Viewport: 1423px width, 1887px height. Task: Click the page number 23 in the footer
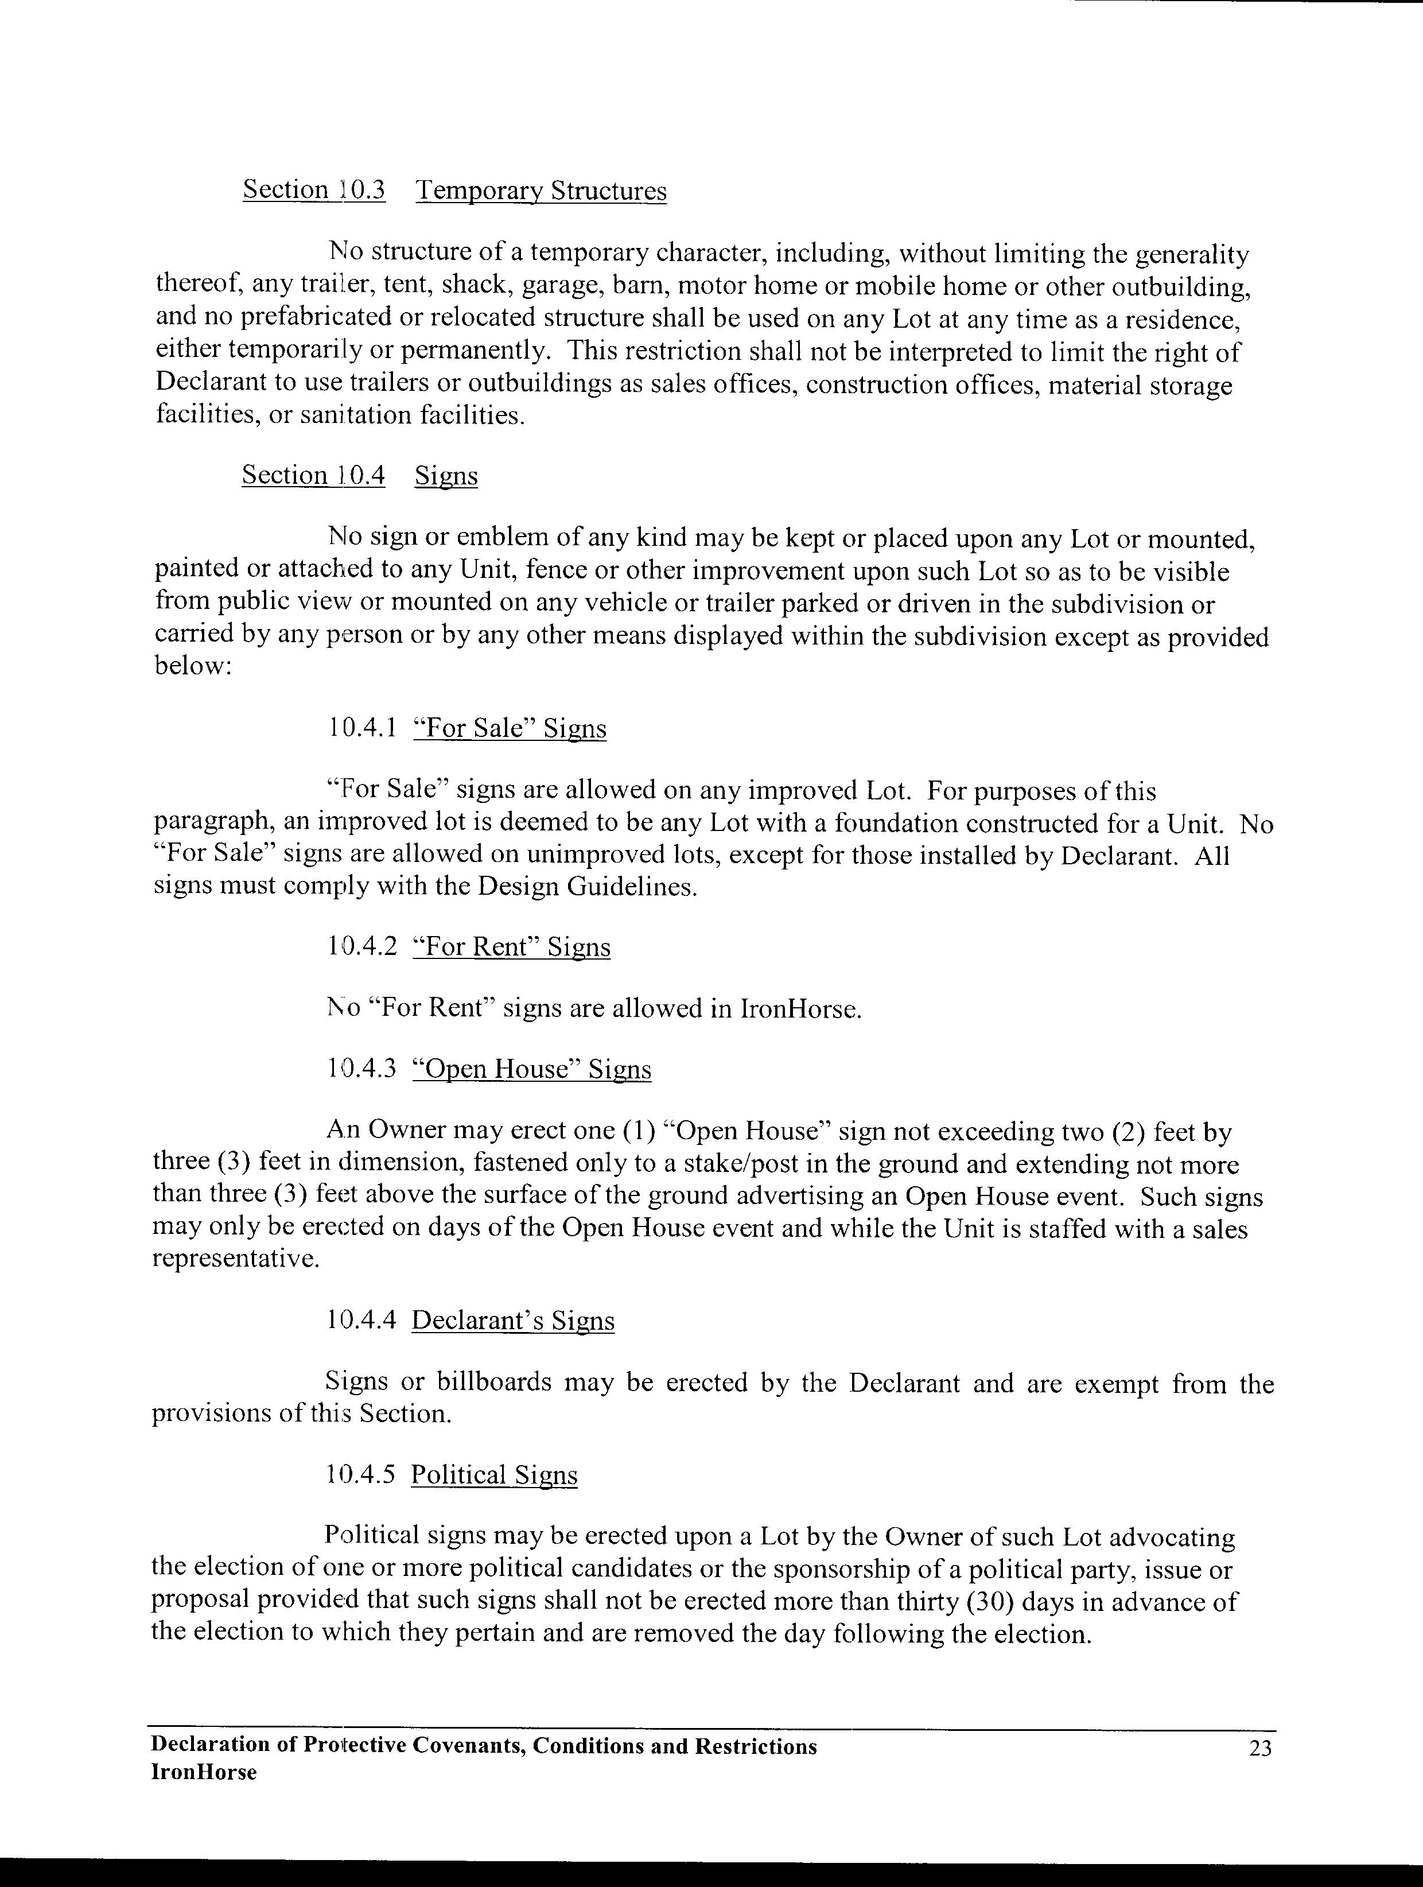click(x=1260, y=1749)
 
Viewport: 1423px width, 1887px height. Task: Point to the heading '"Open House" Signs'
click(x=531, y=1070)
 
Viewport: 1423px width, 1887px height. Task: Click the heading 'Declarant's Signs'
click(x=513, y=1321)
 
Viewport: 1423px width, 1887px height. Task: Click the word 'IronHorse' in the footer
click(x=204, y=1773)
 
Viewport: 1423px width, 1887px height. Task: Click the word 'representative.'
click(x=236, y=1260)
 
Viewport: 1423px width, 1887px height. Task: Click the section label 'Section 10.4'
click(x=313, y=475)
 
